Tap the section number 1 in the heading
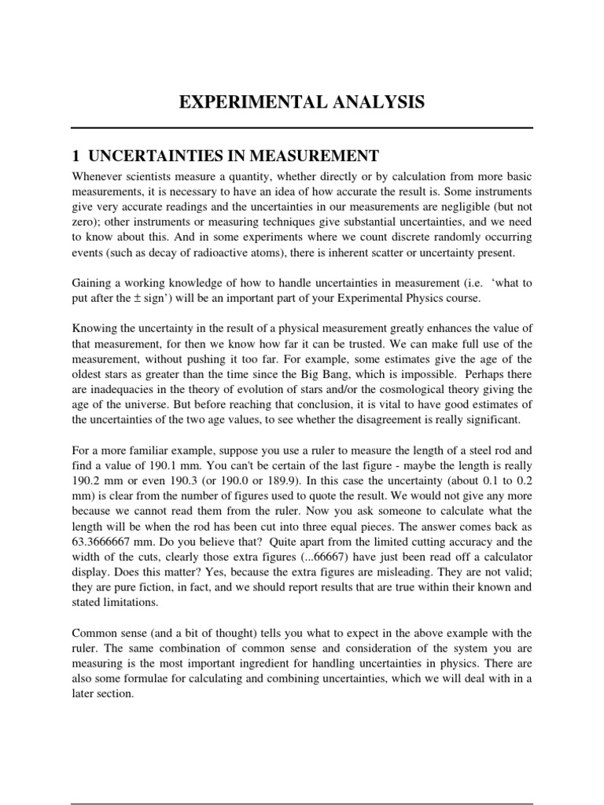click(x=75, y=155)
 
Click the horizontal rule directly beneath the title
click(x=302, y=127)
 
